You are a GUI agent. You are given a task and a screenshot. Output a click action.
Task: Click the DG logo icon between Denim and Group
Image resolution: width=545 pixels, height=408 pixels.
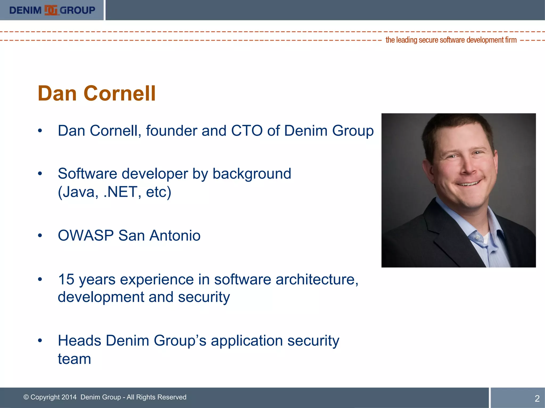pos(51,10)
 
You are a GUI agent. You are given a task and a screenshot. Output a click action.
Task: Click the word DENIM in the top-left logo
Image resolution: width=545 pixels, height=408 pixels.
pos(25,10)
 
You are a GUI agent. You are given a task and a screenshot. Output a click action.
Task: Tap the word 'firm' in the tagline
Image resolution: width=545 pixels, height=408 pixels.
pos(511,40)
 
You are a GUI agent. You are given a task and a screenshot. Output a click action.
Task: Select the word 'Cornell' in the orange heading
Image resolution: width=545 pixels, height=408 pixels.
pos(119,93)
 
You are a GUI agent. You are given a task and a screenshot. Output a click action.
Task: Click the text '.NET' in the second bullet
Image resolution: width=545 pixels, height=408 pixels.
pos(120,192)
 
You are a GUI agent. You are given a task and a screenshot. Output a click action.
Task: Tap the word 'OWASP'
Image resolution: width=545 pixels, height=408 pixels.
pos(86,236)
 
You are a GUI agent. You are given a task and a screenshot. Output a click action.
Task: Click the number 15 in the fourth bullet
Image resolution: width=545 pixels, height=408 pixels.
pos(66,279)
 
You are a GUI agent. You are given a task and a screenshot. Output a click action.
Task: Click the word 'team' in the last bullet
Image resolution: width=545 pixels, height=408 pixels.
pos(75,359)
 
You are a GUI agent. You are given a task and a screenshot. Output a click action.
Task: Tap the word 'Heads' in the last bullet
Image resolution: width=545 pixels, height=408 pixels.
pos(79,341)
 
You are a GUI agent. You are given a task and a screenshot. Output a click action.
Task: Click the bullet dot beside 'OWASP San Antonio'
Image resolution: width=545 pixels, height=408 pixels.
pos(40,236)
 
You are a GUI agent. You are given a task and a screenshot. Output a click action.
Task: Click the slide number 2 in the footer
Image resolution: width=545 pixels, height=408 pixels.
pos(537,398)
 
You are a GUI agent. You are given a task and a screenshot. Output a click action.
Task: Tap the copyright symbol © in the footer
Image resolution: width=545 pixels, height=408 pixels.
pos(26,397)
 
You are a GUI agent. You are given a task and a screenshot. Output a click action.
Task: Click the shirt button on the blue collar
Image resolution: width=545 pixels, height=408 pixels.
pos(478,237)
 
